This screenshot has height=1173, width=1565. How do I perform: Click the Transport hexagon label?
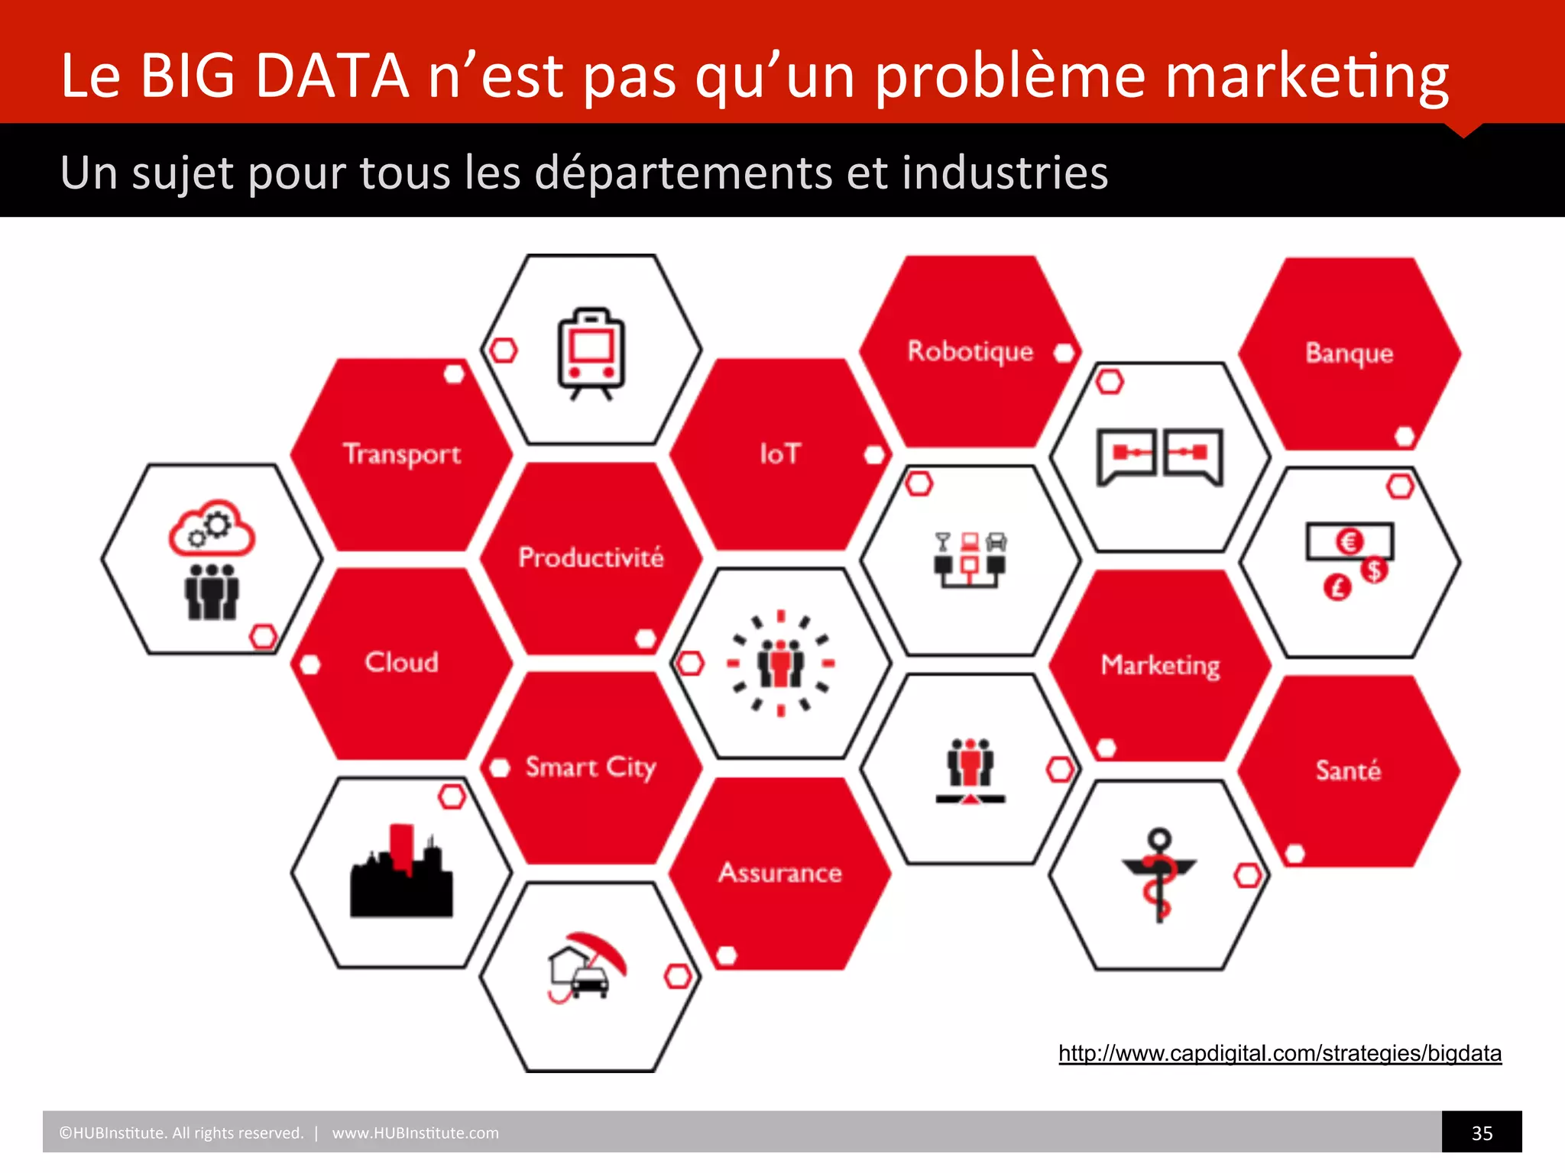tap(402, 454)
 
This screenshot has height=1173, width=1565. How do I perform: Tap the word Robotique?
tap(970, 351)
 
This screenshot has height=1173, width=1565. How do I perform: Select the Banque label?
tap(1349, 354)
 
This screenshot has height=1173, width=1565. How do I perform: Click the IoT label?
tap(779, 454)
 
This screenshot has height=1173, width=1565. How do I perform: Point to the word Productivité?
tap(591, 557)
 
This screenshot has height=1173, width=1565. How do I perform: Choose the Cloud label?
tap(401, 662)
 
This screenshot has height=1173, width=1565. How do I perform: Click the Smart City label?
tap(591, 767)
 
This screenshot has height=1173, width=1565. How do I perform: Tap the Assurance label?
tap(779, 872)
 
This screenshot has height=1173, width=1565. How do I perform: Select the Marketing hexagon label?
tap(1160, 665)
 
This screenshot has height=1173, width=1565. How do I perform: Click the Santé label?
tap(1348, 771)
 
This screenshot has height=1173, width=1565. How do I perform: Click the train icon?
tap(591, 354)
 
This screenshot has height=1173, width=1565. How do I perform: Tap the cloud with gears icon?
tap(212, 528)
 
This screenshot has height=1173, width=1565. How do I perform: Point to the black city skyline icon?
tap(401, 873)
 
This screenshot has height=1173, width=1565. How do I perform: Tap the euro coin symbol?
tap(1350, 541)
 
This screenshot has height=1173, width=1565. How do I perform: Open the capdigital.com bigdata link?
tap(1279, 1054)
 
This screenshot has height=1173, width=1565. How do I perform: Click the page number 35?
tap(1482, 1133)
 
